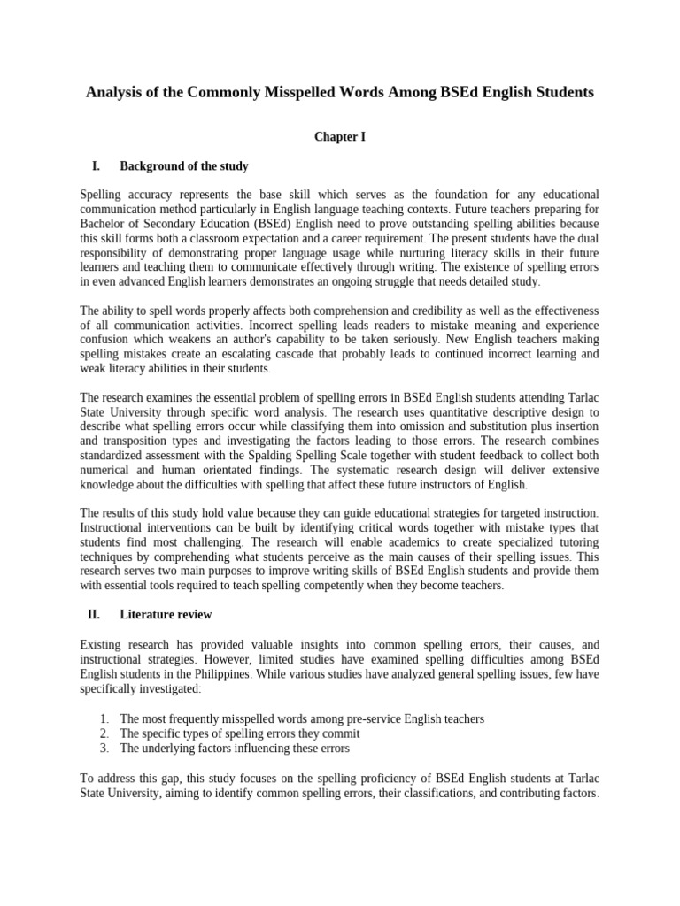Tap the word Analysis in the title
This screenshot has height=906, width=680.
[x=115, y=92]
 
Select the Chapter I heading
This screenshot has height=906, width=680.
[x=340, y=137]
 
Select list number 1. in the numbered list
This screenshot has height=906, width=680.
[x=104, y=719]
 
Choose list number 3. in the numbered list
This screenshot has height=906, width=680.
[x=104, y=748]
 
